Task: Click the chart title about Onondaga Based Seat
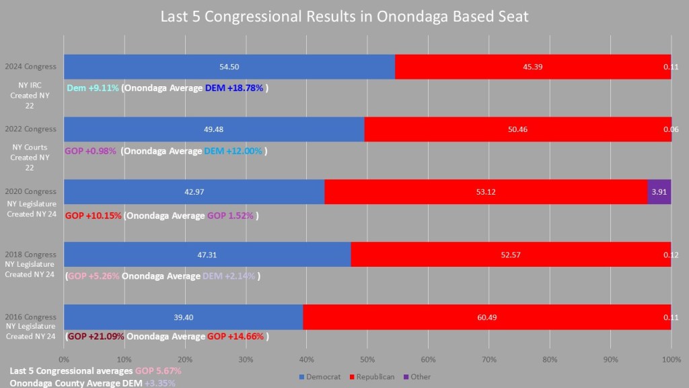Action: (344, 16)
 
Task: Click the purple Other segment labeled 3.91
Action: (659, 191)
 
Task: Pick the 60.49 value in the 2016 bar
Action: (486, 317)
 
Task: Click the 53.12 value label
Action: (485, 191)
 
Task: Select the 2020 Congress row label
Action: (30, 191)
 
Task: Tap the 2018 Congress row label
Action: (30, 254)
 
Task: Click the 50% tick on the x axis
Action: (367, 359)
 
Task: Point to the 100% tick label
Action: (671, 359)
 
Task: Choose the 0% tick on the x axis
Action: (64, 359)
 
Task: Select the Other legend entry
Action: (416, 377)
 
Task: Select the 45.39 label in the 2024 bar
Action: (532, 67)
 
